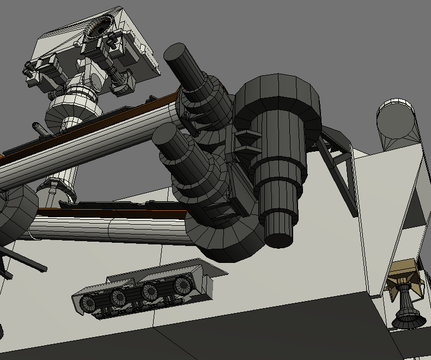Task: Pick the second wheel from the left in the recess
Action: pos(118,297)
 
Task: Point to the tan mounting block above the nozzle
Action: pos(403,271)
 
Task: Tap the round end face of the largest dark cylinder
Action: pos(278,238)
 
